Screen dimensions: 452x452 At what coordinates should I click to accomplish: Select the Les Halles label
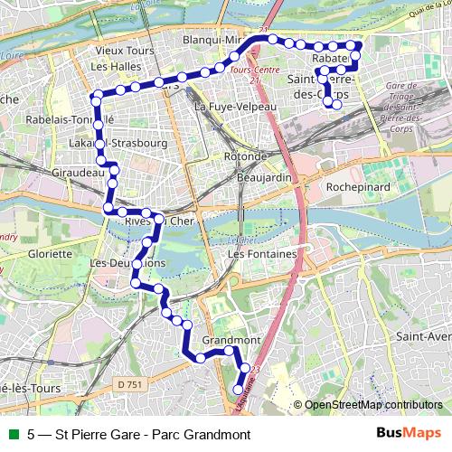pyautogui.click(x=112, y=66)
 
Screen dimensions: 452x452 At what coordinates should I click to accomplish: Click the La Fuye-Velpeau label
pyautogui.click(x=228, y=107)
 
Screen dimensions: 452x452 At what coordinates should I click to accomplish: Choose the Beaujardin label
pyautogui.click(x=263, y=178)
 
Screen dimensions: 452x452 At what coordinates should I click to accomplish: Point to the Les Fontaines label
pyautogui.click(x=263, y=255)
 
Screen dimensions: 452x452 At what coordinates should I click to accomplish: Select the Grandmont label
pyautogui.click(x=231, y=341)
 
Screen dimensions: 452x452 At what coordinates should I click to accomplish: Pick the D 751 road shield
pyautogui.click(x=130, y=385)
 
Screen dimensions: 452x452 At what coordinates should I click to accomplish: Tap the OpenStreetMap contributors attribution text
pyautogui.click(x=373, y=405)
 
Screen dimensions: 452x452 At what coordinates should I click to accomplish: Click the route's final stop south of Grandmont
pyautogui.click(x=239, y=390)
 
